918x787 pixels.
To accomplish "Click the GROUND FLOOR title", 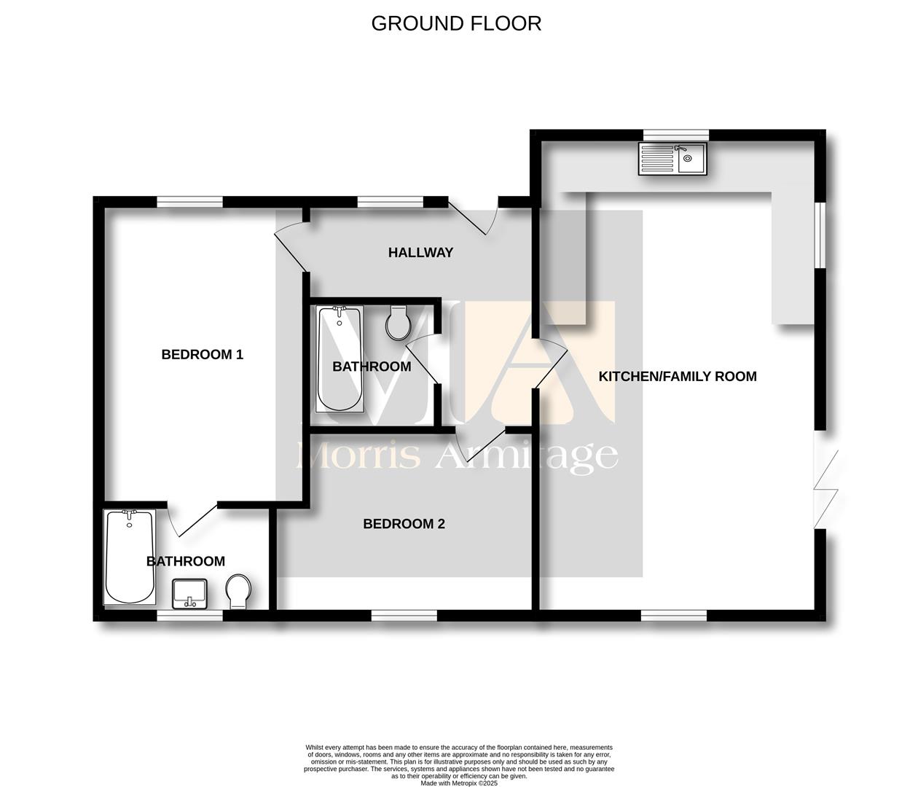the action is point(456,23).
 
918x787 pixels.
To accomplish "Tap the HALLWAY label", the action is point(420,253).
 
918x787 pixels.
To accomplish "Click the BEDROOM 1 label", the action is point(202,354).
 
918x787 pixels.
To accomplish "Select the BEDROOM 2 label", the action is point(404,524).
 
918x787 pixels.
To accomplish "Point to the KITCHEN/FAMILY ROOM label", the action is point(678,377).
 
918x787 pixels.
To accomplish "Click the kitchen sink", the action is point(672,159).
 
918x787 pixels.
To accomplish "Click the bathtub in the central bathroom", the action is point(340,359).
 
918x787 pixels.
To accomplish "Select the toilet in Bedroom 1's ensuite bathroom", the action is point(238,592).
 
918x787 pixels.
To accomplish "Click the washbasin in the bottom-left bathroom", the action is point(189,594).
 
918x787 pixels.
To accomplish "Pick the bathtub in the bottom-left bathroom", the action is point(130,557).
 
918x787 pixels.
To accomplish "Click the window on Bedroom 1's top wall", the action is point(189,202).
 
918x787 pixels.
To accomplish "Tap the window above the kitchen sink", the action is point(676,135).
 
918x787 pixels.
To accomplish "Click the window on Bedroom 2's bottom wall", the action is point(404,616).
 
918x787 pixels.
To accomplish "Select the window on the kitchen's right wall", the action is point(820,235).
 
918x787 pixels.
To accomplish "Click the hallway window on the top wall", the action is point(391,202).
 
